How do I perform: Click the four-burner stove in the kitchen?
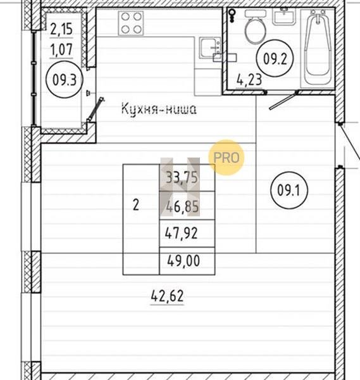click(131, 23)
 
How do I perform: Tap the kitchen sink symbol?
click(210, 48)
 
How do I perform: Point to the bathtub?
click(318, 49)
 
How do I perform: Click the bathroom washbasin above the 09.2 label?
click(284, 16)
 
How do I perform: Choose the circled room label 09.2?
click(275, 58)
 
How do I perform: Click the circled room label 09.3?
click(65, 80)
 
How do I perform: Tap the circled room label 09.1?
click(289, 190)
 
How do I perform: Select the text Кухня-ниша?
click(159, 109)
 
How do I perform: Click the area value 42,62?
click(167, 296)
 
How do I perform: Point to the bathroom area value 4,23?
click(249, 80)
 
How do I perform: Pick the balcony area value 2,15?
click(61, 29)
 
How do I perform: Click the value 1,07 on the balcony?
click(61, 49)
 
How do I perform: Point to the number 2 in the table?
click(136, 205)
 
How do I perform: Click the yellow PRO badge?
click(227, 158)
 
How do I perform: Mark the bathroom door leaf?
click(283, 100)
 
